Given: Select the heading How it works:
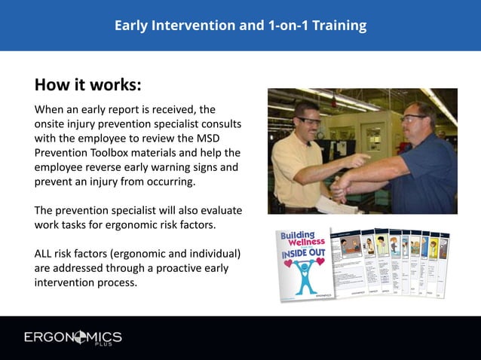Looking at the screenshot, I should (87, 83).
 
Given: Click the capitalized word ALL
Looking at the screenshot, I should (47, 254).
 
